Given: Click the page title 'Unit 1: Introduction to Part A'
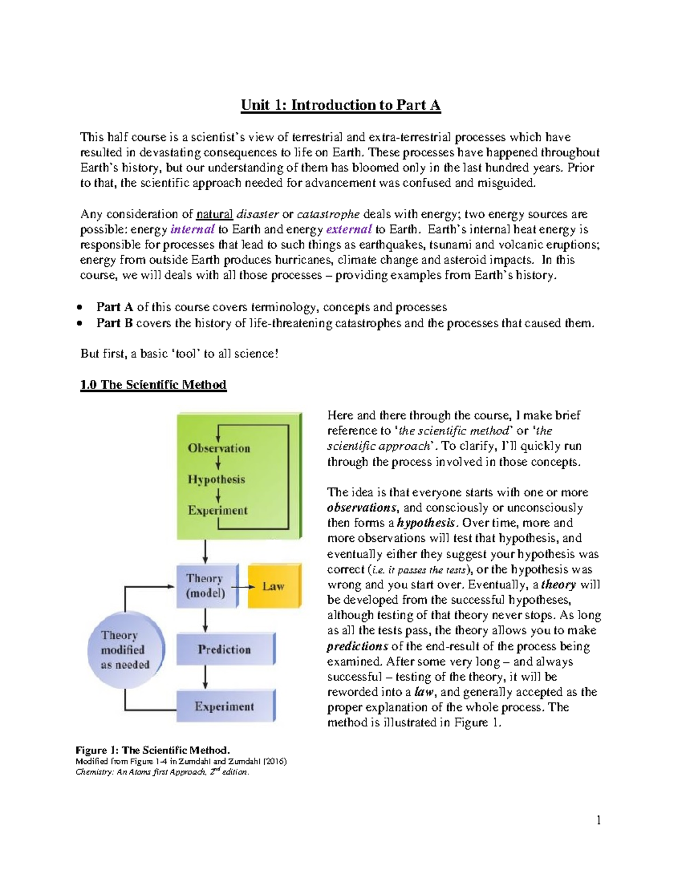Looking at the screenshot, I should (340, 105).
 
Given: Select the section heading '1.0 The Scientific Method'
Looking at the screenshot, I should (153, 385).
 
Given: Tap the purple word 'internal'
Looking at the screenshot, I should (192, 229).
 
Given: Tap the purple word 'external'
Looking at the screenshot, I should (348, 229).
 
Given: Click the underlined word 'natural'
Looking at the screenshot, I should (214, 214).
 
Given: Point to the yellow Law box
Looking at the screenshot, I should (274, 586).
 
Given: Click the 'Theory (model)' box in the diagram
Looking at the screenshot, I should (206, 586).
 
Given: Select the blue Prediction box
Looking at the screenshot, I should (224, 649).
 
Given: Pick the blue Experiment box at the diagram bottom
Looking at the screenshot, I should (224, 707).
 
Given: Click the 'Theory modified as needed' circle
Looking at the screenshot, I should (125, 650).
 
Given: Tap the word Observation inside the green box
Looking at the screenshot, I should (219, 448).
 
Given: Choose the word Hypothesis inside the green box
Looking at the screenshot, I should (217, 479).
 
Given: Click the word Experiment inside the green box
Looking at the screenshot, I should (218, 511).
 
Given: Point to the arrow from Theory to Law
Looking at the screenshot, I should (243, 587).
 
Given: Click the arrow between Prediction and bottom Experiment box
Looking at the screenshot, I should (205, 677).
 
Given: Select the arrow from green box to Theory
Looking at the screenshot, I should (205, 551).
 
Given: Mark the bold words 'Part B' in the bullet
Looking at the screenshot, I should (114, 323).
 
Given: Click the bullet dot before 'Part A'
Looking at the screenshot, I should (81, 307).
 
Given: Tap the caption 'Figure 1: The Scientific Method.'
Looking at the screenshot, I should (152, 750).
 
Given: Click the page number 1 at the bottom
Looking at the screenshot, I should (598, 820).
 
